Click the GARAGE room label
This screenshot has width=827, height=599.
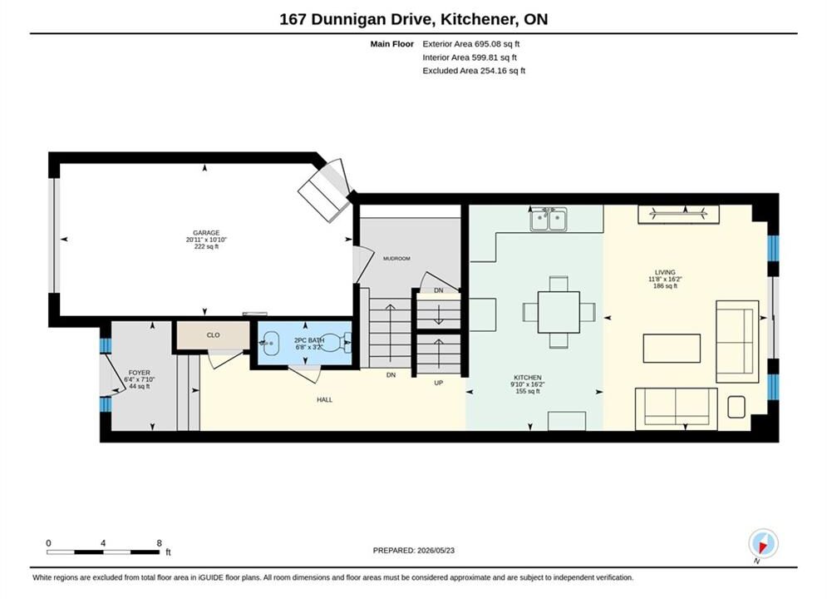click(205, 233)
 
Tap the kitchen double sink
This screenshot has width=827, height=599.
click(549, 219)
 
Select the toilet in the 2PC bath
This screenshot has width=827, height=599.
click(337, 343)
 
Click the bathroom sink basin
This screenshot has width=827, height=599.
click(270, 343)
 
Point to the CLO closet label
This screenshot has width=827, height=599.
click(213, 335)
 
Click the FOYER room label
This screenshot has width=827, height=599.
click(140, 373)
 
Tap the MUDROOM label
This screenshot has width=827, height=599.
click(396, 259)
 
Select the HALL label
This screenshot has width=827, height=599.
click(324, 399)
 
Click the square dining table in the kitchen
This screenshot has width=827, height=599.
click(559, 312)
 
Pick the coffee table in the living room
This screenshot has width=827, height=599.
click(672, 349)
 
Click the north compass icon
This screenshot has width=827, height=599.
click(763, 543)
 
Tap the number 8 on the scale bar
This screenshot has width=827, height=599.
click(160, 543)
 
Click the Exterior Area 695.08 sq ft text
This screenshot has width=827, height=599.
click(471, 44)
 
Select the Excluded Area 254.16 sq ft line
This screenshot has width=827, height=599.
click(474, 70)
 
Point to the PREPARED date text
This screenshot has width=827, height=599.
click(414, 550)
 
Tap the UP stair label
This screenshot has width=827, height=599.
click(438, 383)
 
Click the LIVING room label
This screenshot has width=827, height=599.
click(665, 272)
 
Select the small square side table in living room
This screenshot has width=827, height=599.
click(736, 406)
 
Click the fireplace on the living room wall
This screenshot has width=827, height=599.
click(678, 214)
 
